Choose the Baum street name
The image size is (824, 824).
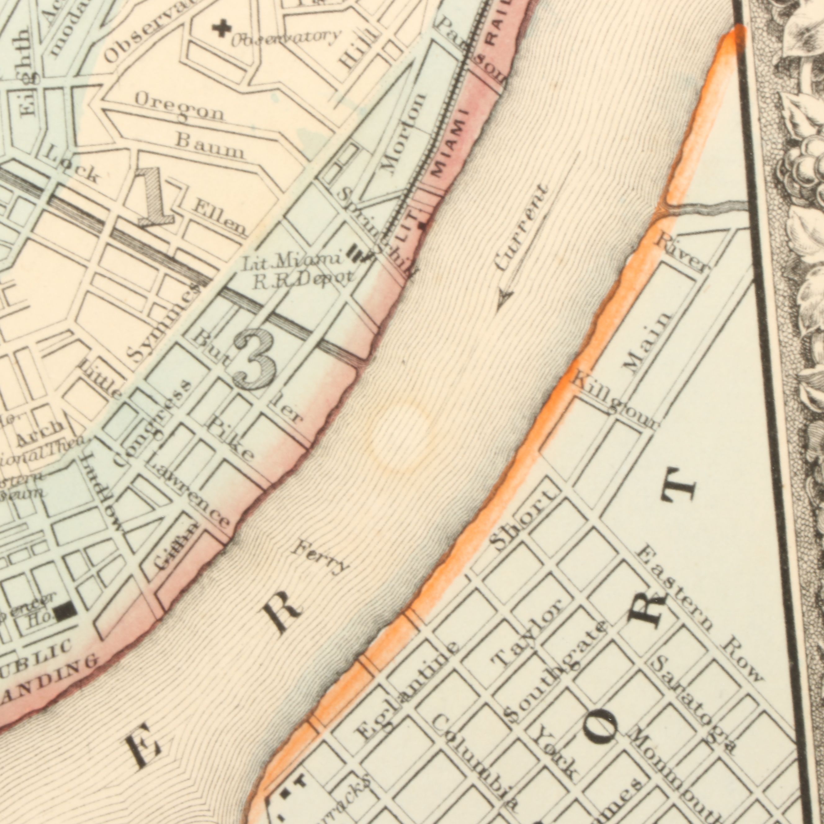211,146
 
